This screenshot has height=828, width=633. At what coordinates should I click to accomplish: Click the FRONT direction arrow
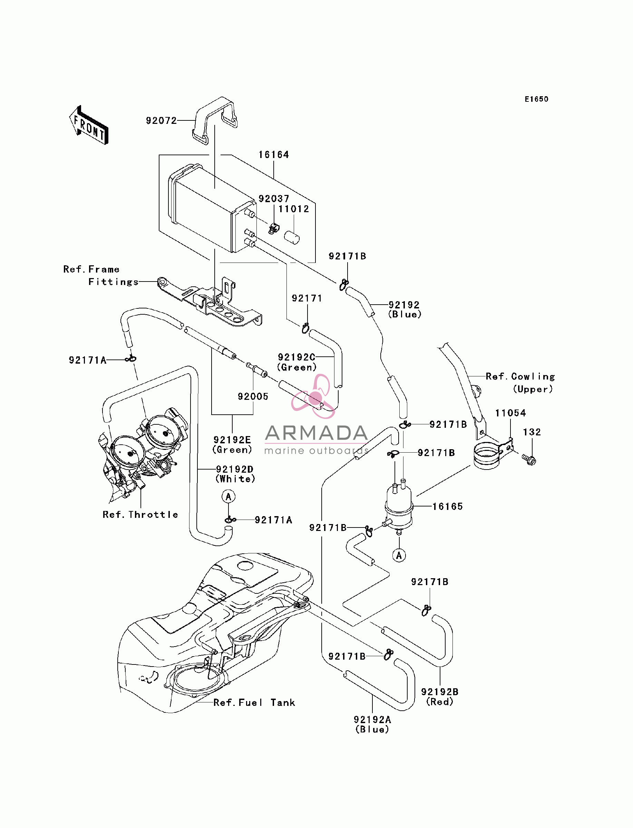89,125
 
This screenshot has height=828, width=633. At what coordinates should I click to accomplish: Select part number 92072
161,120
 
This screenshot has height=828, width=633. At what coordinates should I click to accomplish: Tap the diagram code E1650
537,99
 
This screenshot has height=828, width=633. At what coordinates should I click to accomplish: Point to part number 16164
274,155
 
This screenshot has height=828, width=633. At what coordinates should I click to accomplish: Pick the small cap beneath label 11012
292,238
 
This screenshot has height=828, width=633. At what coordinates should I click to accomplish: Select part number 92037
274,198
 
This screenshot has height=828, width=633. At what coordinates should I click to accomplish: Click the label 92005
253,396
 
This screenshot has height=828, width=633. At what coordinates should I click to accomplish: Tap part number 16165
448,506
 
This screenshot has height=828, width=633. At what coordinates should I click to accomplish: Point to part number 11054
510,413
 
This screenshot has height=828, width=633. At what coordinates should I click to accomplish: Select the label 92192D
235,469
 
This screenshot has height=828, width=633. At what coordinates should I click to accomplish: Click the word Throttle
153,514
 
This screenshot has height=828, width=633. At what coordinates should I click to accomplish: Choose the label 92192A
372,720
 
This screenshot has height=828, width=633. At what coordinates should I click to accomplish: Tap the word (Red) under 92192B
440,702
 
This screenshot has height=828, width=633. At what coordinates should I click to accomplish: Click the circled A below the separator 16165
399,555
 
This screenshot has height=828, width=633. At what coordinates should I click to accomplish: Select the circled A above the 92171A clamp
228,497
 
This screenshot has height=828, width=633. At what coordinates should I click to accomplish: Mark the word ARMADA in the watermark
316,433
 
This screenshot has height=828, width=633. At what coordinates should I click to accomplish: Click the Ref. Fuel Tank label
254,703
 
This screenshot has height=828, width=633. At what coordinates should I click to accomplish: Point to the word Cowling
533,376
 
